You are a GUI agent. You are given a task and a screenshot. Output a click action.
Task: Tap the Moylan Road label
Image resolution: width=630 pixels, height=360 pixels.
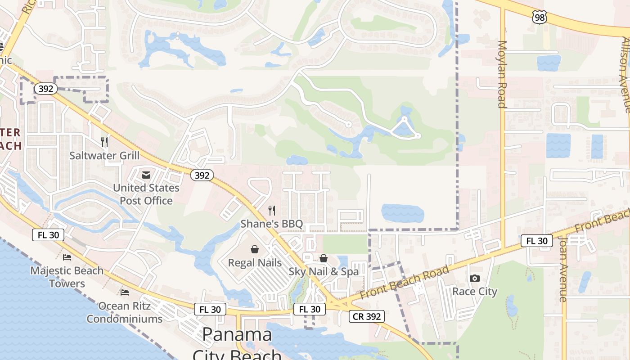(502, 75)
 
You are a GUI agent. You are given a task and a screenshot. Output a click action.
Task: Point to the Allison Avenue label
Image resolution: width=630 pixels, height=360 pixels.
(626, 74)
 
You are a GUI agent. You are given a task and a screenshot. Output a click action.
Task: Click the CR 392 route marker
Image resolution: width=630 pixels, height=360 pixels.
(367, 316)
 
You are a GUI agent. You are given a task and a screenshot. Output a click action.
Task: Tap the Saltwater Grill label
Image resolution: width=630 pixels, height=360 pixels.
(104, 156)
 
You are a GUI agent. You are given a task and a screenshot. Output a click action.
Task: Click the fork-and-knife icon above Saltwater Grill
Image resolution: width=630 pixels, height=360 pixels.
(104, 142)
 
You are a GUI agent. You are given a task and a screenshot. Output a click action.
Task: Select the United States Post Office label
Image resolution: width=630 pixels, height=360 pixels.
(146, 194)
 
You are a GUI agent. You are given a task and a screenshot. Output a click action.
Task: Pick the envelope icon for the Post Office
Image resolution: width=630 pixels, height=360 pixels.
(146, 175)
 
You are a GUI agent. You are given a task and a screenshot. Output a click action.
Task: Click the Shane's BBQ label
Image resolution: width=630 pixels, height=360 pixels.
(272, 224)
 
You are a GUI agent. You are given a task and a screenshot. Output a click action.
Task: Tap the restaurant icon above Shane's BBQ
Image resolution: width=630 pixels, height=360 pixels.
(272, 210)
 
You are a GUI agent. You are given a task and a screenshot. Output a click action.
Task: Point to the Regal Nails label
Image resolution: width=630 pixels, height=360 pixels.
(255, 262)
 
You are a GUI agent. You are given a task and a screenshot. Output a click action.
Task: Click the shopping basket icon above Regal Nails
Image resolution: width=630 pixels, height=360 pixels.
(255, 249)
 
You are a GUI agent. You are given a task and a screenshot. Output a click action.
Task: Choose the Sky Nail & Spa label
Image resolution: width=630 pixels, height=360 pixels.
(324, 271)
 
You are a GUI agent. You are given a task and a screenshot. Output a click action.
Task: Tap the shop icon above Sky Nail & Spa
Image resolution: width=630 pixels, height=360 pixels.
(324, 258)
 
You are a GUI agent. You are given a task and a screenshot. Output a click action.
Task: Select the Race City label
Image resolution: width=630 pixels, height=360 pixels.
(475, 291)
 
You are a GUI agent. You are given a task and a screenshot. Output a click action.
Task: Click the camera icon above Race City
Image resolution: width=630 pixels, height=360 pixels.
(475, 278)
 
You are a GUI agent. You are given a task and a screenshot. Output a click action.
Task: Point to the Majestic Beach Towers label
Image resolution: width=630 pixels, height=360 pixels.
(67, 277)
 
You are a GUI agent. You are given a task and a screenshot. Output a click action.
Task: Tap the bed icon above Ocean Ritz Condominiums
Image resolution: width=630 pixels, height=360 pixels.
(125, 292)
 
